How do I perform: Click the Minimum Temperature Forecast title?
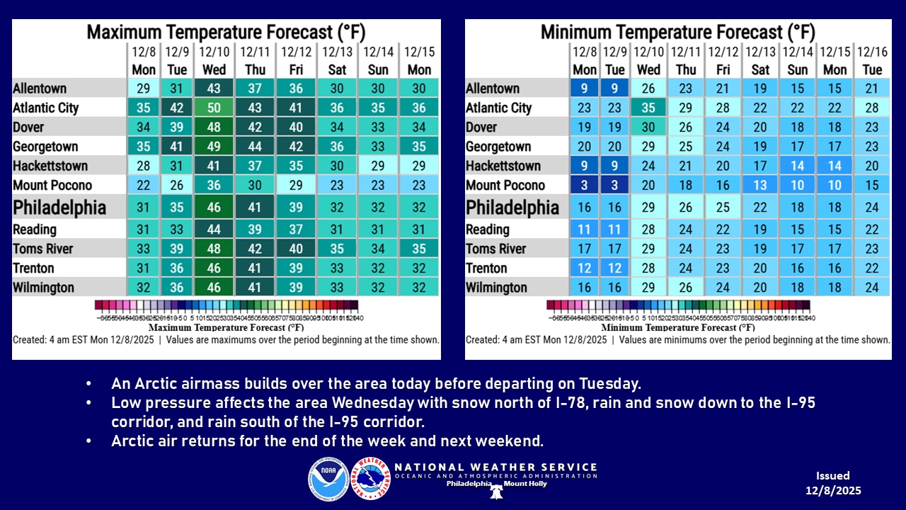[677, 32]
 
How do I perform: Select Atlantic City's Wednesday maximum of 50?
[214, 108]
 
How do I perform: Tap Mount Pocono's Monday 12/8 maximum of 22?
[144, 186]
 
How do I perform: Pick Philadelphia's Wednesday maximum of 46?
[214, 208]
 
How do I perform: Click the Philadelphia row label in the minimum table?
[512, 208]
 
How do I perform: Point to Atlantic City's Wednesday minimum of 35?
[648, 108]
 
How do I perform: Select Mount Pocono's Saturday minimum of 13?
[760, 186]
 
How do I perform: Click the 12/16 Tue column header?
[872, 61]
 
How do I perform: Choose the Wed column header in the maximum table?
[214, 69]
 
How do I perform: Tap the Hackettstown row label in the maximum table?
[50, 166]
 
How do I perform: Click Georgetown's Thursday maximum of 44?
[255, 147]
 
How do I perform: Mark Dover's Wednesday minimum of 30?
[648, 127]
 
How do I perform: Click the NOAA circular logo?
[328, 479]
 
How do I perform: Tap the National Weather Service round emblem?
[370, 479]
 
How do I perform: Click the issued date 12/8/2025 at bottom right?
[832, 490]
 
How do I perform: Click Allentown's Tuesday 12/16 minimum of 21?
[872, 89]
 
